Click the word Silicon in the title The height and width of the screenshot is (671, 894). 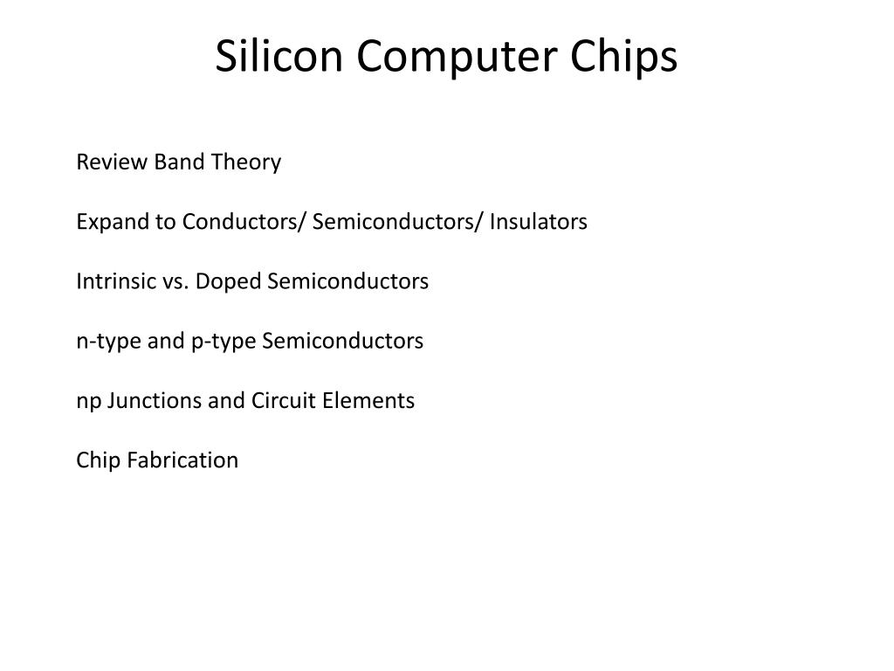279,56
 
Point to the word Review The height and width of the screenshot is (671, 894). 112,162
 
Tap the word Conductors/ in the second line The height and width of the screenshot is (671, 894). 244,222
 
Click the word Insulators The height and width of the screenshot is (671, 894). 538,222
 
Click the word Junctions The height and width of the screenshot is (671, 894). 154,401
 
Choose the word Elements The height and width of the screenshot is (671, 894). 368,400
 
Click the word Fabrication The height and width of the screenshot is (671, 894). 182,460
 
